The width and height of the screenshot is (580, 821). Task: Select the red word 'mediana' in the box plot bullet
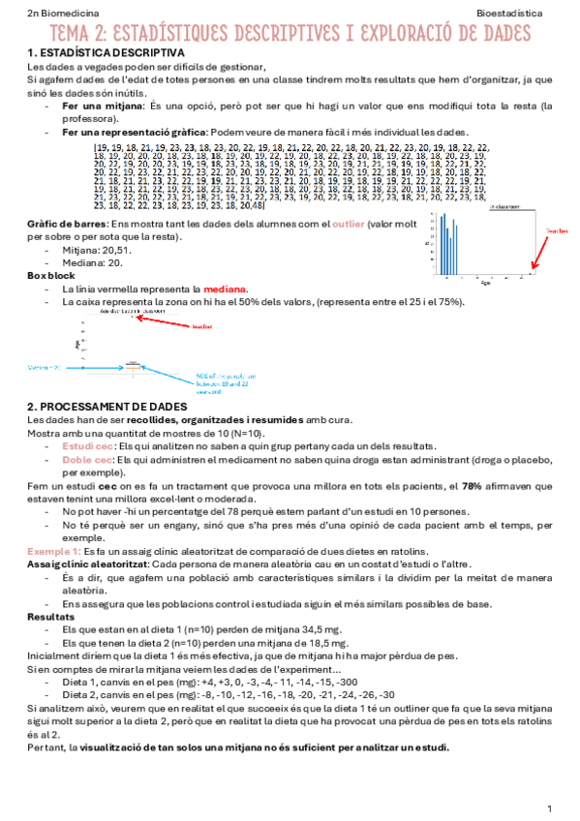[226, 289]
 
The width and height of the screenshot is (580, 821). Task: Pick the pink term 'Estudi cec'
[88, 446]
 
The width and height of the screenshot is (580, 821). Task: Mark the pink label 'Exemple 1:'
[54, 549]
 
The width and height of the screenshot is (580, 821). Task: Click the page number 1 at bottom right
[549, 806]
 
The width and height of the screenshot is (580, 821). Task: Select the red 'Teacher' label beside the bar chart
[557, 230]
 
